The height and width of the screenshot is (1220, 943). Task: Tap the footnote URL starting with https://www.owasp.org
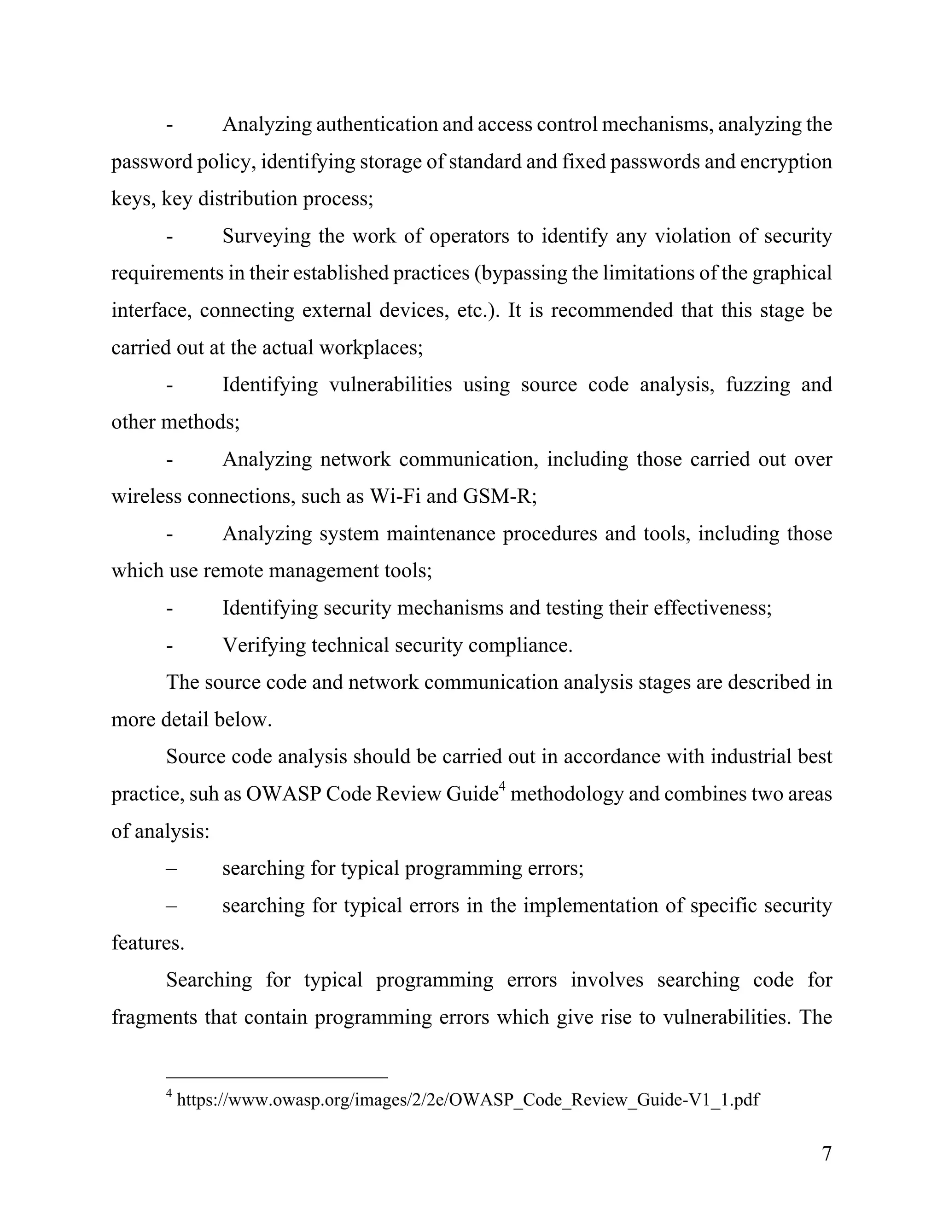point(468,1100)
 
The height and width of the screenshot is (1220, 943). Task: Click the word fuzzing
point(757,384)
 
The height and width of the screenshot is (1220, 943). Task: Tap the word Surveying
point(265,236)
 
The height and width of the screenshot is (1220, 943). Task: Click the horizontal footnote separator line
point(277,1077)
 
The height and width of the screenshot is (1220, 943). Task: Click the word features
point(147,943)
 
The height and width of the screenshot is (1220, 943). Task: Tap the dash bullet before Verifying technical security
point(169,646)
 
